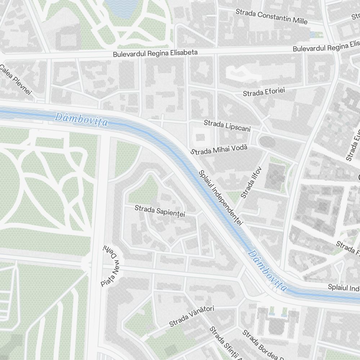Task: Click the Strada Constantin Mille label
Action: point(271,17)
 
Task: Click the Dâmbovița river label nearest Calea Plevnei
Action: point(81,120)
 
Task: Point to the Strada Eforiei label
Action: point(264,92)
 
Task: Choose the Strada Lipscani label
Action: point(227,126)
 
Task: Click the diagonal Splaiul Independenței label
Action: point(220,198)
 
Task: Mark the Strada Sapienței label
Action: point(160,211)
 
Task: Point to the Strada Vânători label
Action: point(192,316)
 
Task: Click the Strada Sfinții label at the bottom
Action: point(225,343)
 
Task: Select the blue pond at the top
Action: point(122,7)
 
